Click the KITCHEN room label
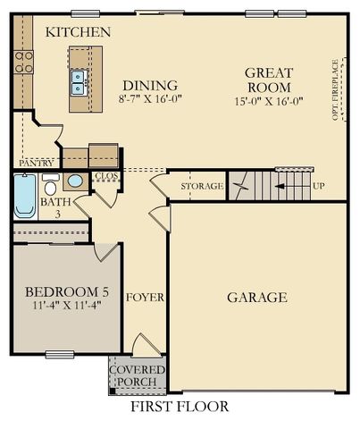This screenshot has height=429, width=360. tap(79, 32)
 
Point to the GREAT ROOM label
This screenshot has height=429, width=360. tap(269, 80)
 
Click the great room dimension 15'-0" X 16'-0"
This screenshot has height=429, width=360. tap(269, 103)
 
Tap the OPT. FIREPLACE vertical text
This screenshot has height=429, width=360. tap(335, 89)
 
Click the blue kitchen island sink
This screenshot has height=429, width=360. tap(78, 82)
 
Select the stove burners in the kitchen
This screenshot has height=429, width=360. tap(23, 60)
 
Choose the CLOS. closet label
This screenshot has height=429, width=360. tap(105, 177)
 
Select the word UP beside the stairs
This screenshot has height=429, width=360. tap(318, 186)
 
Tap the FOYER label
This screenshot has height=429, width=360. tap(144, 297)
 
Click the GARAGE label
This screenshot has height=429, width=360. tap(256, 298)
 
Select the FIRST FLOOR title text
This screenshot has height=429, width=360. tap(180, 407)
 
